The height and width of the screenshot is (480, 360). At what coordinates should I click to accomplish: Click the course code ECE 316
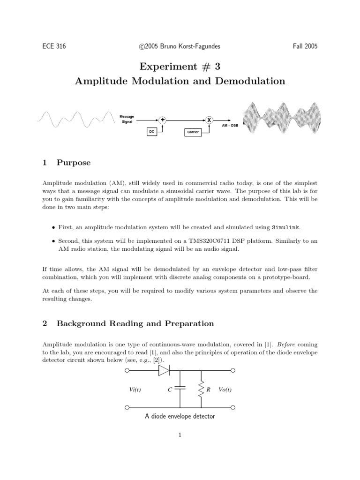(x=54, y=46)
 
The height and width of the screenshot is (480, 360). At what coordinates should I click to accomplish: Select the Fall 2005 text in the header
(x=305, y=46)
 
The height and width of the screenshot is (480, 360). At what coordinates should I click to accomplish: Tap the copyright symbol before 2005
(x=142, y=46)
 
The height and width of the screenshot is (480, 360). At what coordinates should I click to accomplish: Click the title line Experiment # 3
(x=180, y=66)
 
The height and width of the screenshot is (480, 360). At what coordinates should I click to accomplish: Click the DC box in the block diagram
(x=151, y=132)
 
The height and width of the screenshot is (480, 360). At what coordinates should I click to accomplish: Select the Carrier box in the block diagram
(x=193, y=132)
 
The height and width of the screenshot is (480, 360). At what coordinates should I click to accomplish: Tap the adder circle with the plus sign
(x=163, y=120)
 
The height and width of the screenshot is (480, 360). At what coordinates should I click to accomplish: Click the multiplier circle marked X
(x=209, y=120)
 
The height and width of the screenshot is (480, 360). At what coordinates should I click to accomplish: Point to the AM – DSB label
(x=230, y=126)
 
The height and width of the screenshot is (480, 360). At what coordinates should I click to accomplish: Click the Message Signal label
(x=127, y=119)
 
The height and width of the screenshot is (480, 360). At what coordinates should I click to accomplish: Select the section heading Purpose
(x=74, y=163)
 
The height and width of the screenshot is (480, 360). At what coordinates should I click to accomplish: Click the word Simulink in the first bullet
(x=286, y=227)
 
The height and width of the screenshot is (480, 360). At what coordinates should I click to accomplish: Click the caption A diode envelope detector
(x=180, y=416)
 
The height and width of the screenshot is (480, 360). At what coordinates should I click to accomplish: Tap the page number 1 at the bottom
(x=180, y=435)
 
